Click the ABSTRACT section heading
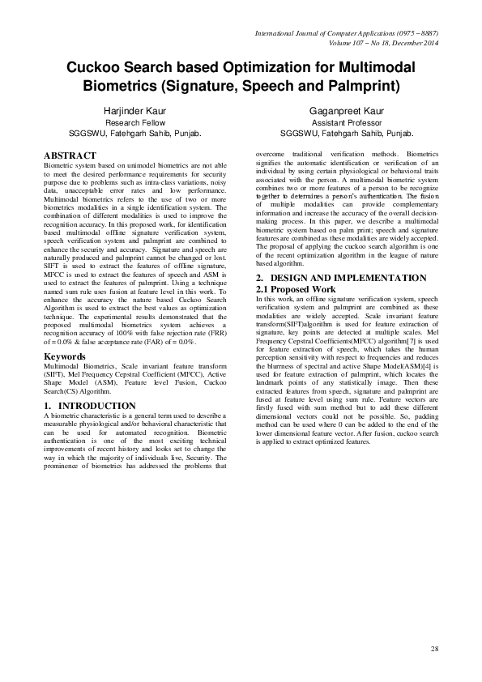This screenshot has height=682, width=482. tap(70, 155)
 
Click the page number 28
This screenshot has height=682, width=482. tap(434, 650)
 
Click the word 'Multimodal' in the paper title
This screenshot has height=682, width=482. tap(370, 66)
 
